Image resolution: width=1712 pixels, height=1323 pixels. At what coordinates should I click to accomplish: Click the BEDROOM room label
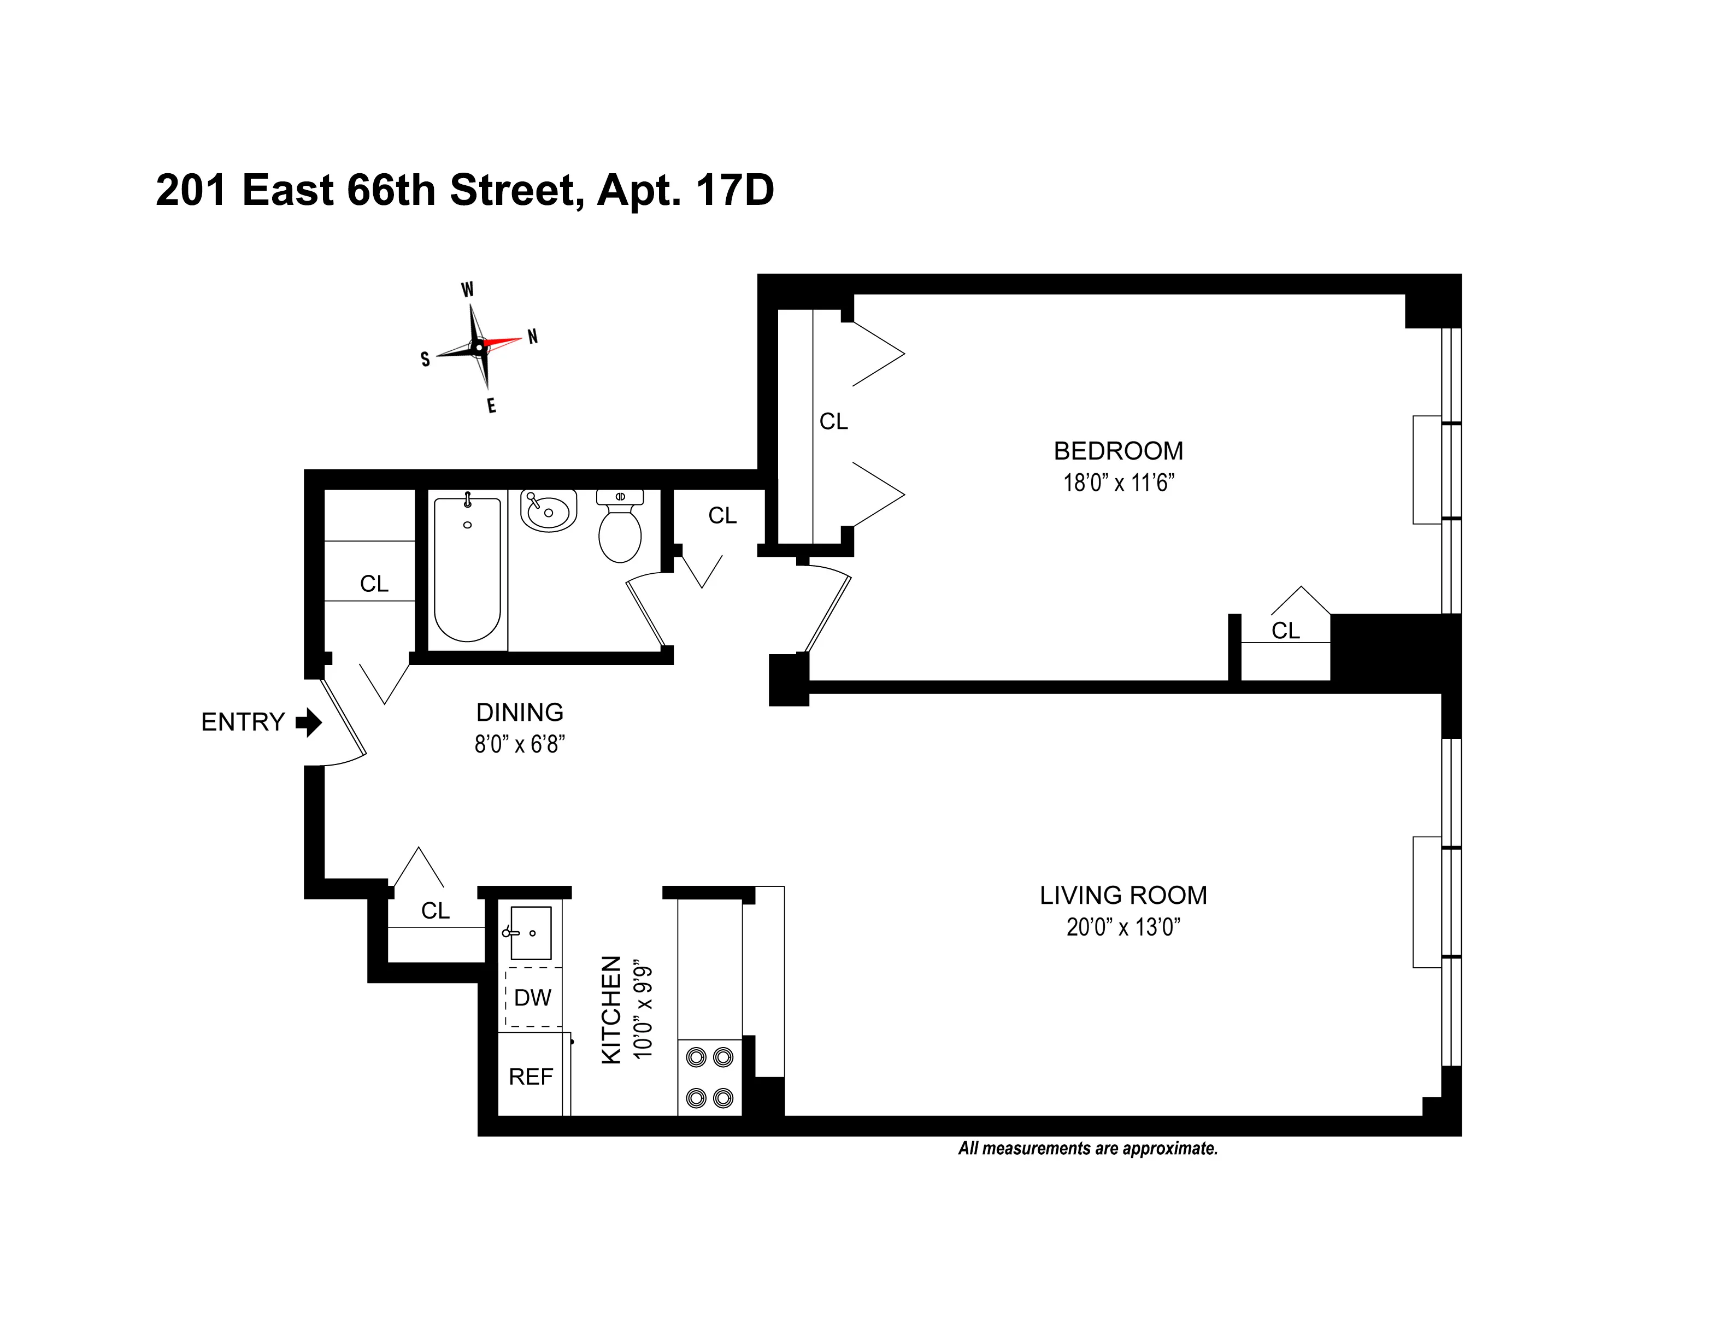click(1118, 451)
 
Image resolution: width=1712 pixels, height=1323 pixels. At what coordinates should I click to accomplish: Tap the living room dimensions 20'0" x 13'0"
click(1122, 927)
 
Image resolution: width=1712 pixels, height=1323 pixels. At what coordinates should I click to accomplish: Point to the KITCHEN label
click(610, 1009)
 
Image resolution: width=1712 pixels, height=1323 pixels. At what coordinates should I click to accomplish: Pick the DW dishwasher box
click(533, 998)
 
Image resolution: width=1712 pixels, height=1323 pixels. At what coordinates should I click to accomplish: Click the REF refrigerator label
click(531, 1077)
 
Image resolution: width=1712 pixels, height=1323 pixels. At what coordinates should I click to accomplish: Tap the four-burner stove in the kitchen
click(709, 1078)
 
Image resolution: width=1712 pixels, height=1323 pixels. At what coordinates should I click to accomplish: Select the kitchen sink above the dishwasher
click(531, 933)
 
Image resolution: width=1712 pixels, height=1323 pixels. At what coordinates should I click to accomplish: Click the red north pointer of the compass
click(502, 342)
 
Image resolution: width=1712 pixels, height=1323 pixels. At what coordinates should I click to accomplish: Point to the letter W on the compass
click(467, 289)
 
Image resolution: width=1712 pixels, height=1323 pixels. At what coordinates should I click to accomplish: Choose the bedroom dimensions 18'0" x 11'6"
click(1118, 483)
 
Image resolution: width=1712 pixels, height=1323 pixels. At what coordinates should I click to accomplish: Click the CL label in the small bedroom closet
click(1285, 630)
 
